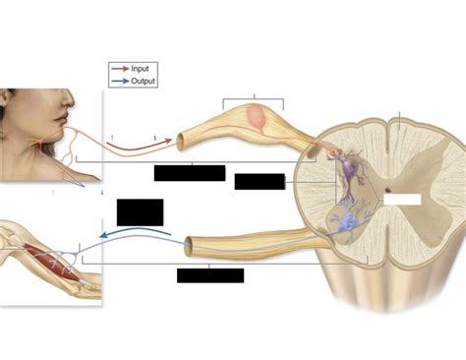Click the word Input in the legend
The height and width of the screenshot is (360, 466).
point(141,69)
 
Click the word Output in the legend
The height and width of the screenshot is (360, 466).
point(143,81)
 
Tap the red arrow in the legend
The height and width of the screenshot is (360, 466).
point(119,69)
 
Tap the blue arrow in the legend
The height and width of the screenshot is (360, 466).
point(119,81)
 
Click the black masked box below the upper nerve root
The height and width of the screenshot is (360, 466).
point(190,173)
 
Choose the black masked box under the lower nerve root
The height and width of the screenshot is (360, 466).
point(209,274)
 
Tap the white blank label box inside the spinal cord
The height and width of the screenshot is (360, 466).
point(401,198)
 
